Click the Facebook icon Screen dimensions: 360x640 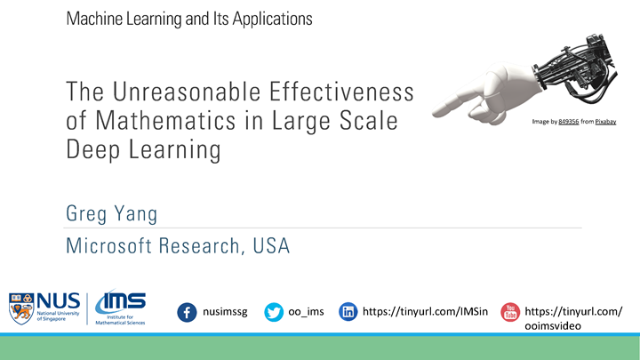click(x=188, y=312)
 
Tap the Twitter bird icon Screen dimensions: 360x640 click(x=274, y=312)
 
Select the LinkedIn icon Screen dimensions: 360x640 click(x=348, y=312)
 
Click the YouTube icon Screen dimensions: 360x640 click(x=510, y=312)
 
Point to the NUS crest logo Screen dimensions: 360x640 click(x=20, y=308)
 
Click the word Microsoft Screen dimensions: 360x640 click(x=108, y=246)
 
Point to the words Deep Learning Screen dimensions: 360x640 click(x=142, y=149)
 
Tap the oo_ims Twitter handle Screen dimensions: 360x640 click(x=306, y=312)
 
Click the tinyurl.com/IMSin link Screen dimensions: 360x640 click(x=425, y=312)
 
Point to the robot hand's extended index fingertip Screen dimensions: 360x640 click(x=436, y=111)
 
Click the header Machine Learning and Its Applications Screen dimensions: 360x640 click(x=188, y=19)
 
